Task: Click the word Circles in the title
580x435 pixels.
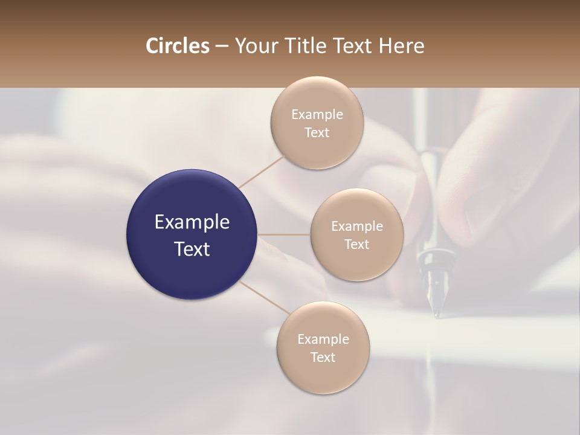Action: [x=177, y=46]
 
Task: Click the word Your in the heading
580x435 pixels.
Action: [x=254, y=46]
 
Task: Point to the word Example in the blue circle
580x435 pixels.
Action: [x=192, y=222]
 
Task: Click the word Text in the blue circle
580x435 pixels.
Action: [x=192, y=249]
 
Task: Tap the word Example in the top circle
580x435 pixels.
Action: [x=317, y=115]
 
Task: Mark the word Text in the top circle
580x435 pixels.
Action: [x=317, y=133]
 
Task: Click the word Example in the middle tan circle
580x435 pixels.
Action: [x=357, y=227]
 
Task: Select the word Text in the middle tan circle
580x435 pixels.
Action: [x=357, y=245]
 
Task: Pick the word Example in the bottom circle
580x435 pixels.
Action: [x=323, y=340]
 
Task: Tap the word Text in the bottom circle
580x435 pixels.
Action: [x=323, y=358]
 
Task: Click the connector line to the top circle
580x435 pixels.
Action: [x=262, y=170]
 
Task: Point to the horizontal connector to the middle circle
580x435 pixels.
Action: [x=284, y=234]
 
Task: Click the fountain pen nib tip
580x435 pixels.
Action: [x=436, y=314]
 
